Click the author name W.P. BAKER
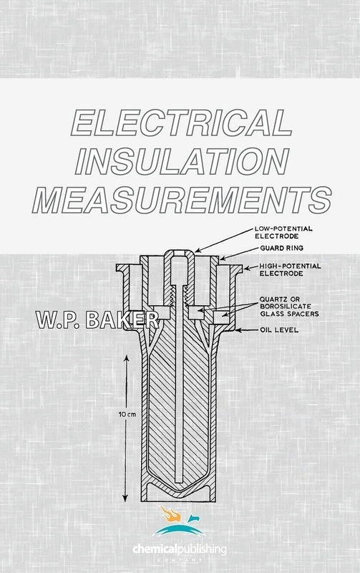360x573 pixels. [89, 317]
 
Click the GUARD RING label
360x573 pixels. [273, 249]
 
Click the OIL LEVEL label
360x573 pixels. [276, 331]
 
